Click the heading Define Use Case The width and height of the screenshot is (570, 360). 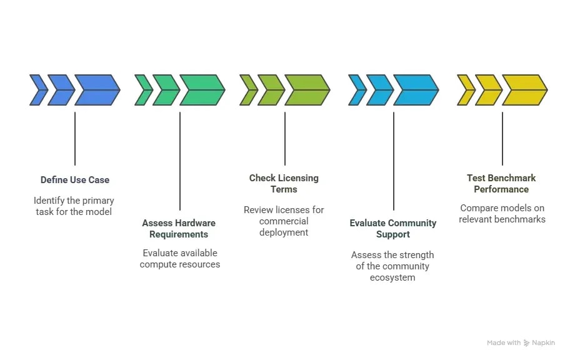click(74, 180)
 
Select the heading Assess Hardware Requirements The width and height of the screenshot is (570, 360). click(179, 229)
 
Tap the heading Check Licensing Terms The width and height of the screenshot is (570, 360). click(284, 184)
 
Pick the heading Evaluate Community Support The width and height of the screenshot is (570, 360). click(392, 229)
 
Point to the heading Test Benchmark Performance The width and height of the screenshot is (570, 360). click(501, 184)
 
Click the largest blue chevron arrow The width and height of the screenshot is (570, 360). click(97, 90)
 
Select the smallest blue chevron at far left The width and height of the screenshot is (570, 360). click(38, 90)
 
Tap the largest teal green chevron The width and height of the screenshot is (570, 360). click(202, 90)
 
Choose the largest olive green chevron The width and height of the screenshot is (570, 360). click(307, 90)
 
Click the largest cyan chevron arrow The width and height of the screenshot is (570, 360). click(416, 90)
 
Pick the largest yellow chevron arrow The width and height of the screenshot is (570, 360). click(524, 90)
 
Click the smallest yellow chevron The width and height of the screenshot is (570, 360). click(466, 90)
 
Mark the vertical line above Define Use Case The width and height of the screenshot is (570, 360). click(74, 139)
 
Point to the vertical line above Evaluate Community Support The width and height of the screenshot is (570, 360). click(393, 161)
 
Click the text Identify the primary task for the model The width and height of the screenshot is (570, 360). click(74, 206)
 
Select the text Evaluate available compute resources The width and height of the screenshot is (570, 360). click(179, 259)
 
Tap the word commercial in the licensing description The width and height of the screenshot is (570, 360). click(284, 221)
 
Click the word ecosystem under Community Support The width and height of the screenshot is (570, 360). click(392, 277)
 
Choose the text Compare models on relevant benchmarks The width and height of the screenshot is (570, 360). click(502, 214)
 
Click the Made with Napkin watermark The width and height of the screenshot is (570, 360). click(521, 342)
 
